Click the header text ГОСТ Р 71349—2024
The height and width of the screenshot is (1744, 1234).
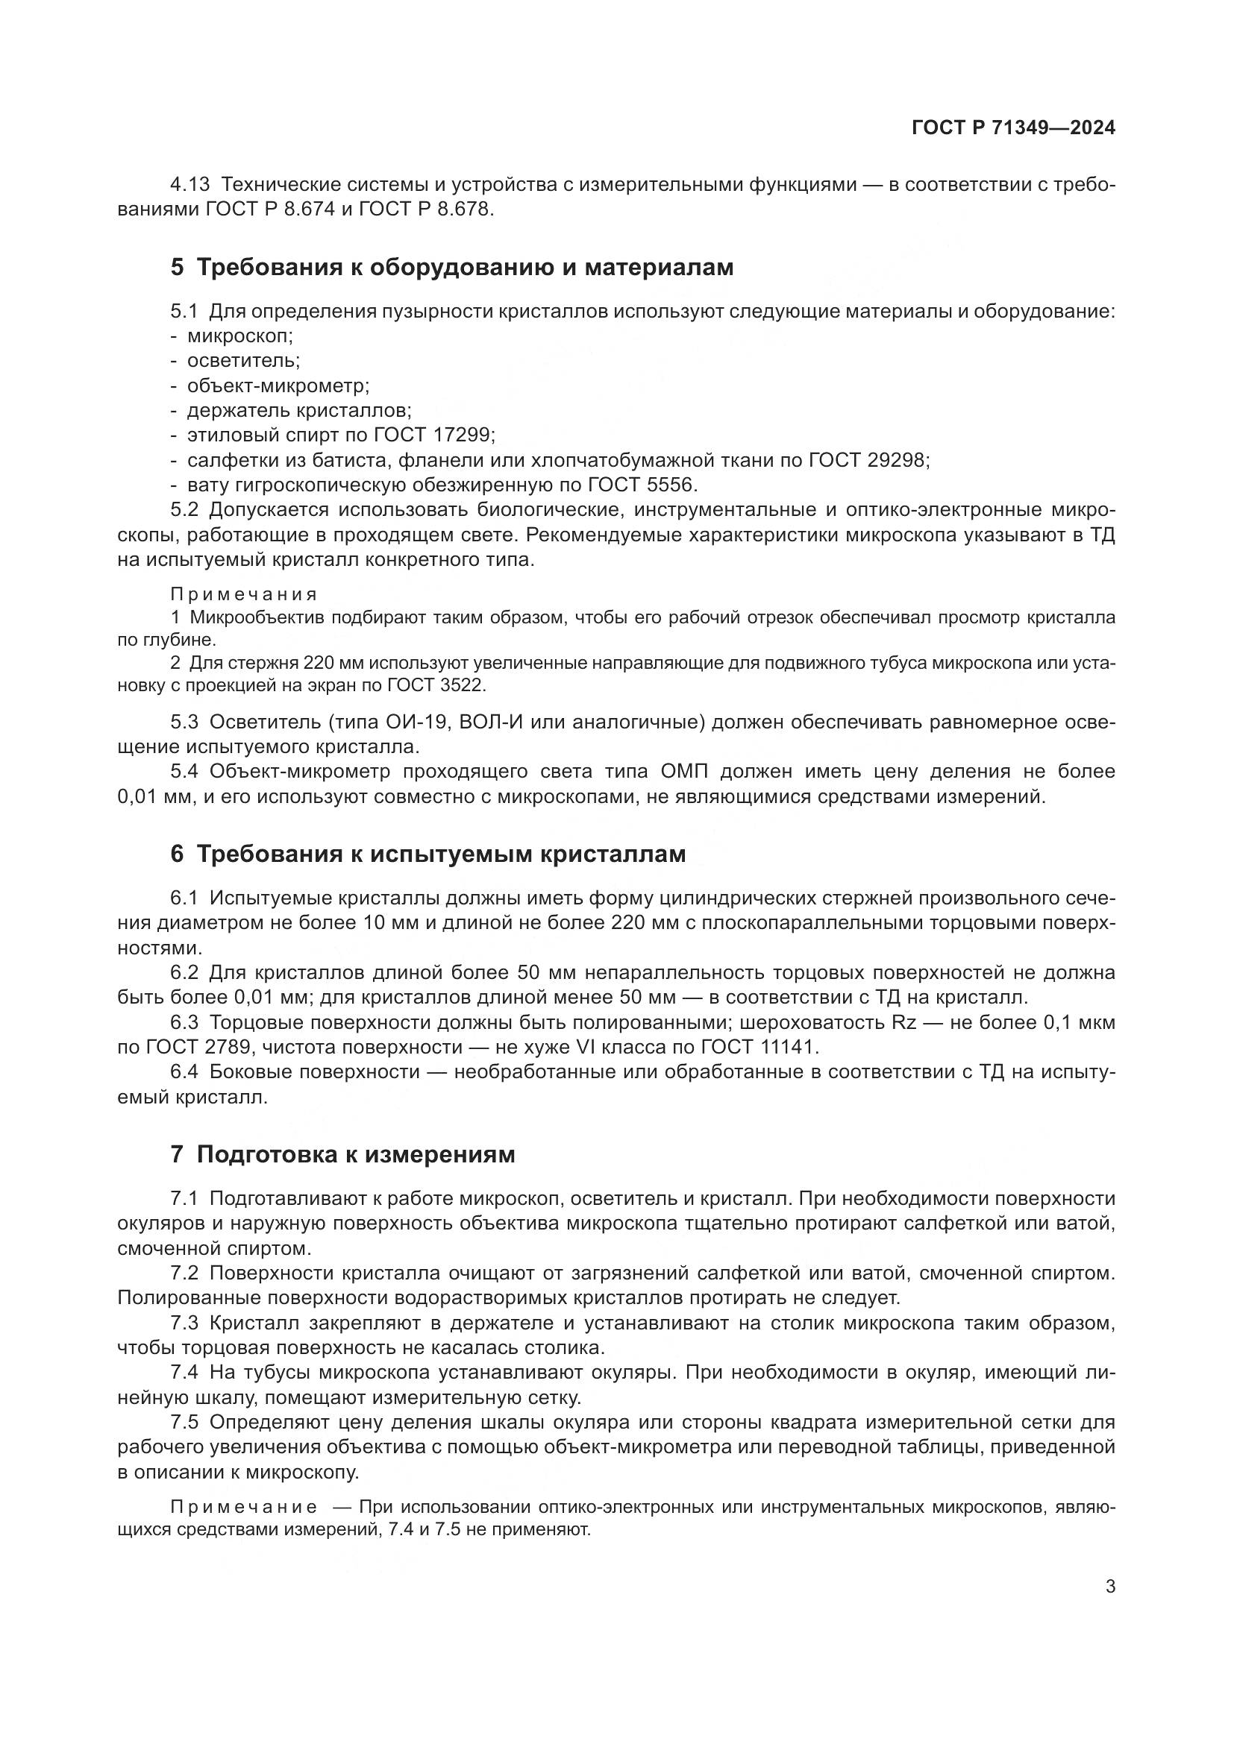click(x=1013, y=128)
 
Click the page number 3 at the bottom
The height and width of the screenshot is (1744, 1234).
click(x=1110, y=1586)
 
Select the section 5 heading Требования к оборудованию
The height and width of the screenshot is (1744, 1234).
click(x=452, y=268)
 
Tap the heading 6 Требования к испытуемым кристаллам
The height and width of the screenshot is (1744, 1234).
click(x=427, y=854)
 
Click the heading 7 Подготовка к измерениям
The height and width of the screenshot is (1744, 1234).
click(x=342, y=1153)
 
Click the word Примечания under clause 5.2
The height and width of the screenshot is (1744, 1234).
click(x=243, y=594)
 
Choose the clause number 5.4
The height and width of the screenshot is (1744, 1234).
click(x=184, y=772)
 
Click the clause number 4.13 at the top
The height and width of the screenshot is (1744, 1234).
click(x=190, y=185)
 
